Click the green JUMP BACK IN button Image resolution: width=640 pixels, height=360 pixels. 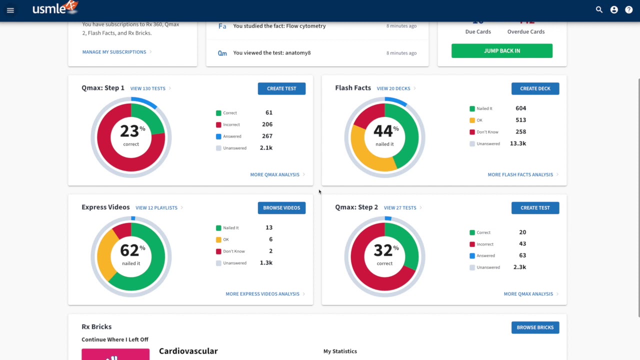tap(501, 50)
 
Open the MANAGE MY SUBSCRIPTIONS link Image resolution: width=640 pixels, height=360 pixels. tap(114, 52)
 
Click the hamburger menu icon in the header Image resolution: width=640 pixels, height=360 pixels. tap(10, 10)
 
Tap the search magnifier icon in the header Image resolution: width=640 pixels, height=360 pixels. tap(599, 10)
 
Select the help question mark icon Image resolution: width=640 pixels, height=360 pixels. tap(629, 10)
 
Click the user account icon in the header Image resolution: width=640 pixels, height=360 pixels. tap(614, 10)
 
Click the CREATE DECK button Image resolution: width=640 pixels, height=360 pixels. tap(535, 88)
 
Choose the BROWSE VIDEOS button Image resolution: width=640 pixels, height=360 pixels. tap(281, 208)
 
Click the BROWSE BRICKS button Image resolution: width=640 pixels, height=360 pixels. tap(535, 327)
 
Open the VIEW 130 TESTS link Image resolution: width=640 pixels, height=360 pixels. tap(148, 88)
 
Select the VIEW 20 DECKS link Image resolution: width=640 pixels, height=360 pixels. tap(393, 88)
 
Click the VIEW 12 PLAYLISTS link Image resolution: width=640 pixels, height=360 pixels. tap(156, 208)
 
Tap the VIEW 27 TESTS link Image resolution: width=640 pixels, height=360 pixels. tap(400, 208)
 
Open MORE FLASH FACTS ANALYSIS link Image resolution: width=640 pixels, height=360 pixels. tap(520, 174)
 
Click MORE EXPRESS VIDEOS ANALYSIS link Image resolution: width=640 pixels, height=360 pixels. tap(262, 294)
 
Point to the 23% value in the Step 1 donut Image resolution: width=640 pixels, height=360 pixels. tap(130, 131)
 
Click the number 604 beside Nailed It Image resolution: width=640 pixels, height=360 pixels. tap(520, 108)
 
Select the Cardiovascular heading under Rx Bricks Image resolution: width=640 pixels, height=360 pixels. tap(188, 351)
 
